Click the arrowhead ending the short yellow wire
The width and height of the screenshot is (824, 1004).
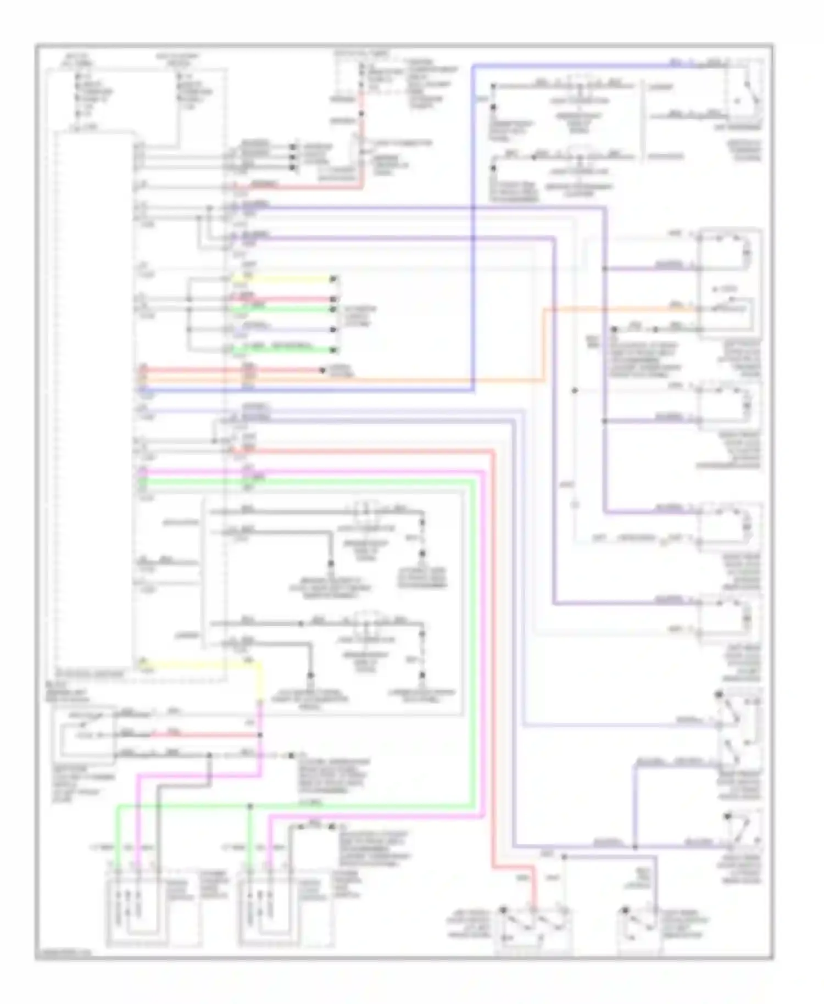coord(333,280)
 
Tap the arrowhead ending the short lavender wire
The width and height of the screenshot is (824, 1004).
coord(333,330)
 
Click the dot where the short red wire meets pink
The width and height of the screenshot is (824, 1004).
coord(260,734)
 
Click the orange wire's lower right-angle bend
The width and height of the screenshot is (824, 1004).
coord(544,380)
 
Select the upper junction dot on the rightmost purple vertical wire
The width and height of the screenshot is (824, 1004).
coord(604,269)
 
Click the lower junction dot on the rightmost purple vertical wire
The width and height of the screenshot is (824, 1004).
coord(604,421)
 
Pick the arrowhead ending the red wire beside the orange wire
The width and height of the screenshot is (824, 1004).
coord(323,370)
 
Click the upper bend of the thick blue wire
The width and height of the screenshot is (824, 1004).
coord(474,66)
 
